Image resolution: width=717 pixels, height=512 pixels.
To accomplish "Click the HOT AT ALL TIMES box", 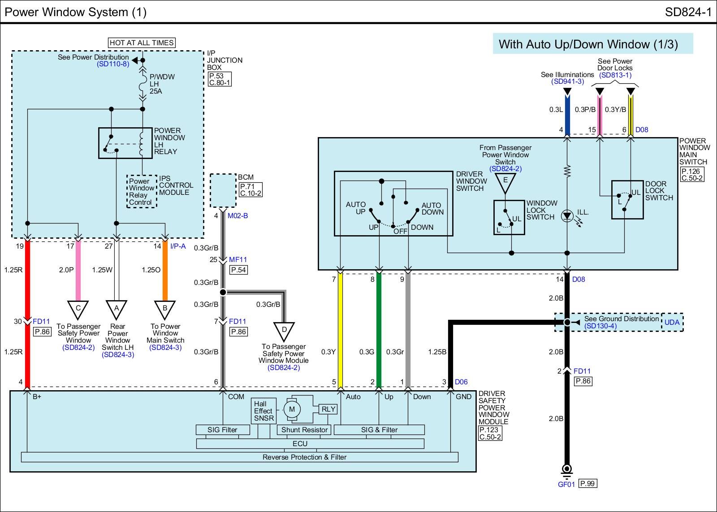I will coord(142,43).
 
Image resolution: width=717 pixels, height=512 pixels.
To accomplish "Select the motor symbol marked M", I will coord(292,409).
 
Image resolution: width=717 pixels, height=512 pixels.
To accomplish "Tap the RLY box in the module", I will coord(328,409).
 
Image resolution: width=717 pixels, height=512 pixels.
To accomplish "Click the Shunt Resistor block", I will coord(304,430).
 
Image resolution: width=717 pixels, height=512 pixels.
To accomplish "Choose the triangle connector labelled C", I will coord(78,309).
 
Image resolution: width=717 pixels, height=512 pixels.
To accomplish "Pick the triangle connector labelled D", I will coord(284,330).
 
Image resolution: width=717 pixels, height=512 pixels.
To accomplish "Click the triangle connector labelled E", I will coord(505,181).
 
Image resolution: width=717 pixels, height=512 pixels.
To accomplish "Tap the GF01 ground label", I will coord(566,484).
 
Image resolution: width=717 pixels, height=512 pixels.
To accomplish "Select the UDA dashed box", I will coord(672,322).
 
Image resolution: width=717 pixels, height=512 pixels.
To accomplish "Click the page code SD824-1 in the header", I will coord(688,12).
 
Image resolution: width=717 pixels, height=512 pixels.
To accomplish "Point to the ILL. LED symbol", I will coord(567,216).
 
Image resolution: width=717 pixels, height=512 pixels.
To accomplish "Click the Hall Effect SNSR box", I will coord(263,411).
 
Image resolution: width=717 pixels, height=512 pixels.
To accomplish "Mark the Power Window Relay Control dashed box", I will coord(141,192).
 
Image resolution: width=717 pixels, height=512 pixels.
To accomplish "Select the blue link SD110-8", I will coord(113,64).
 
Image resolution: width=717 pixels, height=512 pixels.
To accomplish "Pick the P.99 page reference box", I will coord(587,483).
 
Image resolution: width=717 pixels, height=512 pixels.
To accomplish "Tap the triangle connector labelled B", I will coord(165,309).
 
